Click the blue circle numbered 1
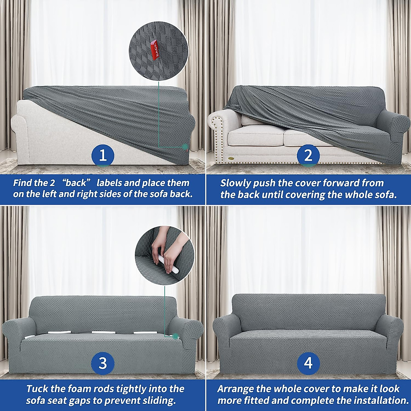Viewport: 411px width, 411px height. coord(103,156)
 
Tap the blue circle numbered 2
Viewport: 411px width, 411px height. coord(308,156)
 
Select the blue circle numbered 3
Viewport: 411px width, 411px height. coord(103,363)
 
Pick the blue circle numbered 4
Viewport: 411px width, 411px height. coord(308,363)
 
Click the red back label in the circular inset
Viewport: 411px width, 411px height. coord(153,48)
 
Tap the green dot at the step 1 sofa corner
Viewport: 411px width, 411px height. coord(185,147)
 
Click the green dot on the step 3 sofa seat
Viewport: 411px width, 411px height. coord(176,336)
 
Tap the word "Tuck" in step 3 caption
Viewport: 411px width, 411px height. coord(37,389)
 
